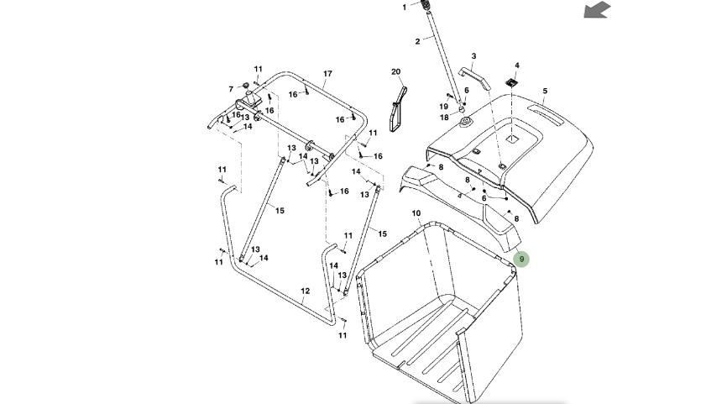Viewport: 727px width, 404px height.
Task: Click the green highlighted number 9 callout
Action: click(521, 259)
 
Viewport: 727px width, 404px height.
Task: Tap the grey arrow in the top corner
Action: click(597, 10)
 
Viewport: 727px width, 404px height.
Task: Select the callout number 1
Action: click(404, 7)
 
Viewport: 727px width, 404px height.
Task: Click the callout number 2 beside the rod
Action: click(417, 41)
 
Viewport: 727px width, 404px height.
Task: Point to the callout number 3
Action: click(473, 57)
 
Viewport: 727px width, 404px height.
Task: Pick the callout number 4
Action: click(517, 66)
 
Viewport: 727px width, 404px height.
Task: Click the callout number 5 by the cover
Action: click(545, 91)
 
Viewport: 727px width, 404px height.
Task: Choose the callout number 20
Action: click(396, 72)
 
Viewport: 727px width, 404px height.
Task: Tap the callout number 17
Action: click(327, 74)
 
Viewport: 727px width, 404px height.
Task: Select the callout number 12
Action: click(306, 291)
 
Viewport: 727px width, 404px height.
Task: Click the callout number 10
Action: click(416, 213)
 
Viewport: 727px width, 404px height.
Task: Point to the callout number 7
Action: click(231, 89)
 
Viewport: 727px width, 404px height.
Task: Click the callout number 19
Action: click(444, 107)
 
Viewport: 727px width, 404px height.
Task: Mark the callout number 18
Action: click(444, 118)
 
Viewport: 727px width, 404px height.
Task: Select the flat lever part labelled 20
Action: click(397, 105)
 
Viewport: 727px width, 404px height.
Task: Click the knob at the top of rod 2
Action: click(426, 6)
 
